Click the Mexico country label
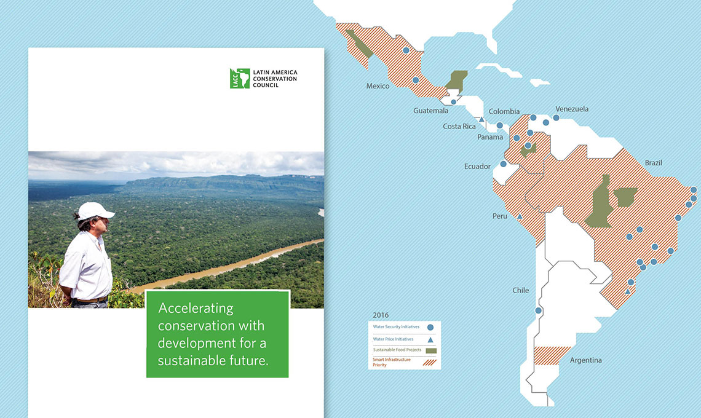pos(378,86)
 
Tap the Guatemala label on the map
pos(430,111)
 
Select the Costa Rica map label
pos(459,127)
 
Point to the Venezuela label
pos(571,109)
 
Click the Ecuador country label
pos(477,167)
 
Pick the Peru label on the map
pos(500,216)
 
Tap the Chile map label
pos(520,291)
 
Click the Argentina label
pos(585,360)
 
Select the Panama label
pos(490,137)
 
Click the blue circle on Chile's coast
pos(539,311)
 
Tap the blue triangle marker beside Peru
pos(520,216)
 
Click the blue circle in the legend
pos(430,328)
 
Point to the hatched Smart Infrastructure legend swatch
pos(430,361)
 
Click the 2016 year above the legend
pos(381,315)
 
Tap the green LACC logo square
pos(239,78)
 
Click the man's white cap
pos(95,211)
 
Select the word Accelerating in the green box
pos(196,308)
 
